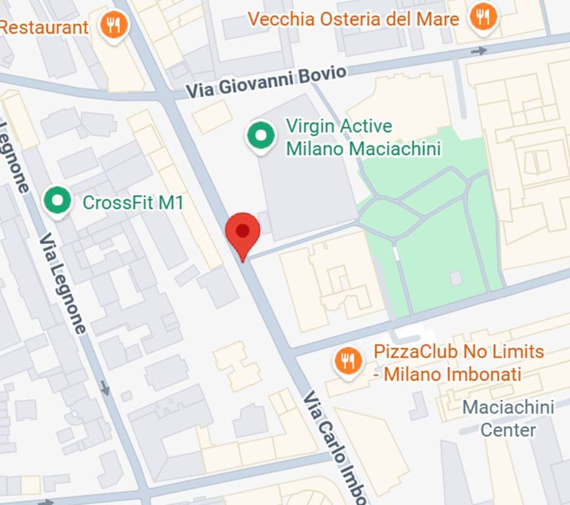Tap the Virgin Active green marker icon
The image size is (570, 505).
pos(261,135)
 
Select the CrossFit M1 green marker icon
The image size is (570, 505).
pos(58,201)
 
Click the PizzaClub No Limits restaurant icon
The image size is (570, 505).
pos(348,361)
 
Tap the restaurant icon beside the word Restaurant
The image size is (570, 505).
pos(114,25)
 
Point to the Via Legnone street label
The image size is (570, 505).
pos(62,283)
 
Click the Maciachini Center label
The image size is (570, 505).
pos(508,419)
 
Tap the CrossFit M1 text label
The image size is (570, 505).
pos(133,203)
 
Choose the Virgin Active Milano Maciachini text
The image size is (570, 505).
pos(362,137)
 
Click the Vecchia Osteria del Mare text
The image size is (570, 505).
pos(353,19)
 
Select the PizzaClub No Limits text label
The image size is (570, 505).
pos(458,362)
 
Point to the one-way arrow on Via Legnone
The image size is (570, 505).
pos(105,388)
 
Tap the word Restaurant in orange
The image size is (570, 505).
pos(44,28)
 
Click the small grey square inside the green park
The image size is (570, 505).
pos(456,278)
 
